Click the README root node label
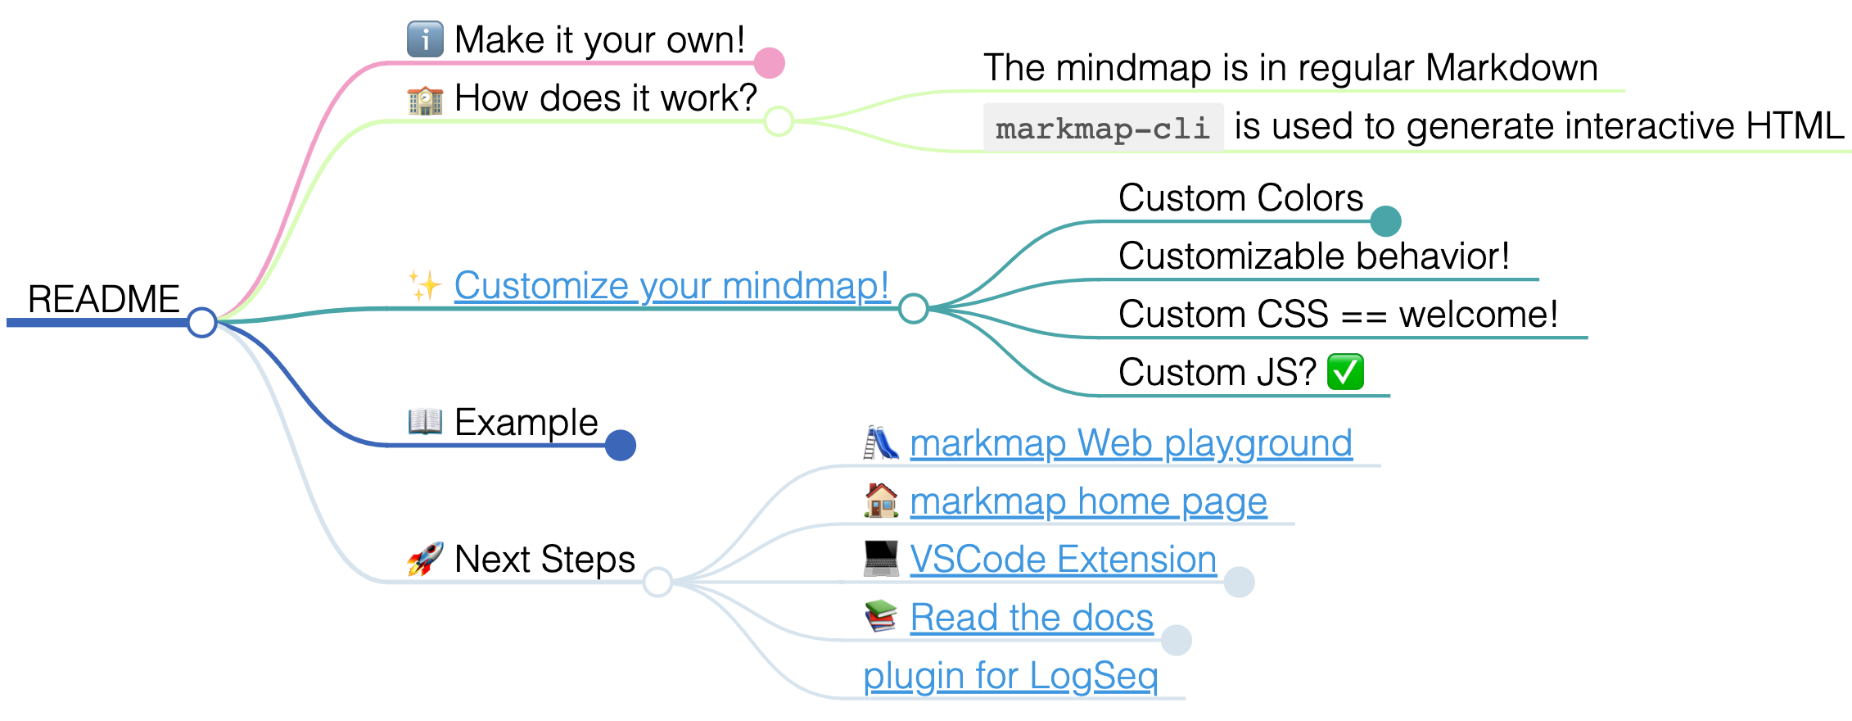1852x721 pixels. tap(103, 299)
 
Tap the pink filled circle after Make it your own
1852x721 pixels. tap(770, 63)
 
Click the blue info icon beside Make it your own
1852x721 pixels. tap(425, 39)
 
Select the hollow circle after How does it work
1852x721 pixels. tap(779, 121)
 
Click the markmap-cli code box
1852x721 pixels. tap(1103, 128)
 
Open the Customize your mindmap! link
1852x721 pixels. tap(671, 286)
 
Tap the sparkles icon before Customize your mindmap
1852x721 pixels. tap(425, 286)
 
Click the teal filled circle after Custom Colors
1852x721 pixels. tap(1385, 221)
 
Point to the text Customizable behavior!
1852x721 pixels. tap(1313, 256)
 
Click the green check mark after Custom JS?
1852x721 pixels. tap(1345, 372)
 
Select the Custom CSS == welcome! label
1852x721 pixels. tap(1338, 315)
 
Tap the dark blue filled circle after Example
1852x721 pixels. tap(621, 446)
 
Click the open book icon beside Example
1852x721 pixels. tap(425, 422)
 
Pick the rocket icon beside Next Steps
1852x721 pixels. tap(425, 559)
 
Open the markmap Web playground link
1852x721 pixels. tap(1131, 443)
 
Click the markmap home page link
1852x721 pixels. tap(1088, 501)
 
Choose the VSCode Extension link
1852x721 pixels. tap(1063, 560)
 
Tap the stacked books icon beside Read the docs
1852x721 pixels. tap(881, 617)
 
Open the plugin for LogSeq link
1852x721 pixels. tap(1010, 676)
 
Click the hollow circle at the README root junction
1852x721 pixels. tap(201, 322)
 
